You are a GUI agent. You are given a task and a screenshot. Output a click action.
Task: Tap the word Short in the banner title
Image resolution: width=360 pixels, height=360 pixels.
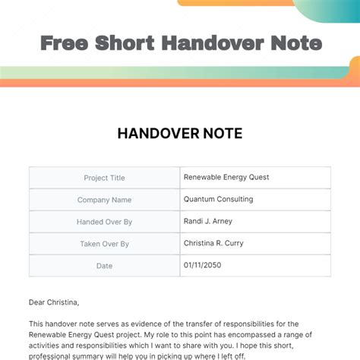click(x=125, y=43)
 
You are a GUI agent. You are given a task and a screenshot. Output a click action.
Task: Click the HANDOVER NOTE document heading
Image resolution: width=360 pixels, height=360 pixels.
click(x=180, y=134)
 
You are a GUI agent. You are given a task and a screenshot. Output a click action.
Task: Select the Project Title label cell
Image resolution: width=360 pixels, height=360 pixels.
click(x=105, y=178)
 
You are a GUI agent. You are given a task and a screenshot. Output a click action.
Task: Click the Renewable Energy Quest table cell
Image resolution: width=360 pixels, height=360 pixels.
click(x=226, y=177)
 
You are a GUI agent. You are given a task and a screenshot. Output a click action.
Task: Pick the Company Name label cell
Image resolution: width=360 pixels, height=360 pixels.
click(x=105, y=200)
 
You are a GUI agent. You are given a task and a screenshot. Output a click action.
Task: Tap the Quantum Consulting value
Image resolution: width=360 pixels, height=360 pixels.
click(x=219, y=199)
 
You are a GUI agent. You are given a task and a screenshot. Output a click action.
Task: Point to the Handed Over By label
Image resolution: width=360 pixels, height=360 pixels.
click(x=105, y=222)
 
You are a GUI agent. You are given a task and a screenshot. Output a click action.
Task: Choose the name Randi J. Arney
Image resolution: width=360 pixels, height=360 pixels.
click(x=209, y=221)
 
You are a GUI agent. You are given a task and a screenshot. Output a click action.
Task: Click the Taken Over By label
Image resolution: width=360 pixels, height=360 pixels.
click(x=105, y=244)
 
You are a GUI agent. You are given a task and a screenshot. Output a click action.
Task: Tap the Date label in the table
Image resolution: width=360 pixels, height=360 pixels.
click(x=105, y=266)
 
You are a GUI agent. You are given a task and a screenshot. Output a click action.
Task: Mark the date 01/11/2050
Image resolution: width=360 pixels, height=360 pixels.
click(x=202, y=265)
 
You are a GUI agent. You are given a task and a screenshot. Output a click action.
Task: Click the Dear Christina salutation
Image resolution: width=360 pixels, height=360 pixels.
click(x=54, y=302)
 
